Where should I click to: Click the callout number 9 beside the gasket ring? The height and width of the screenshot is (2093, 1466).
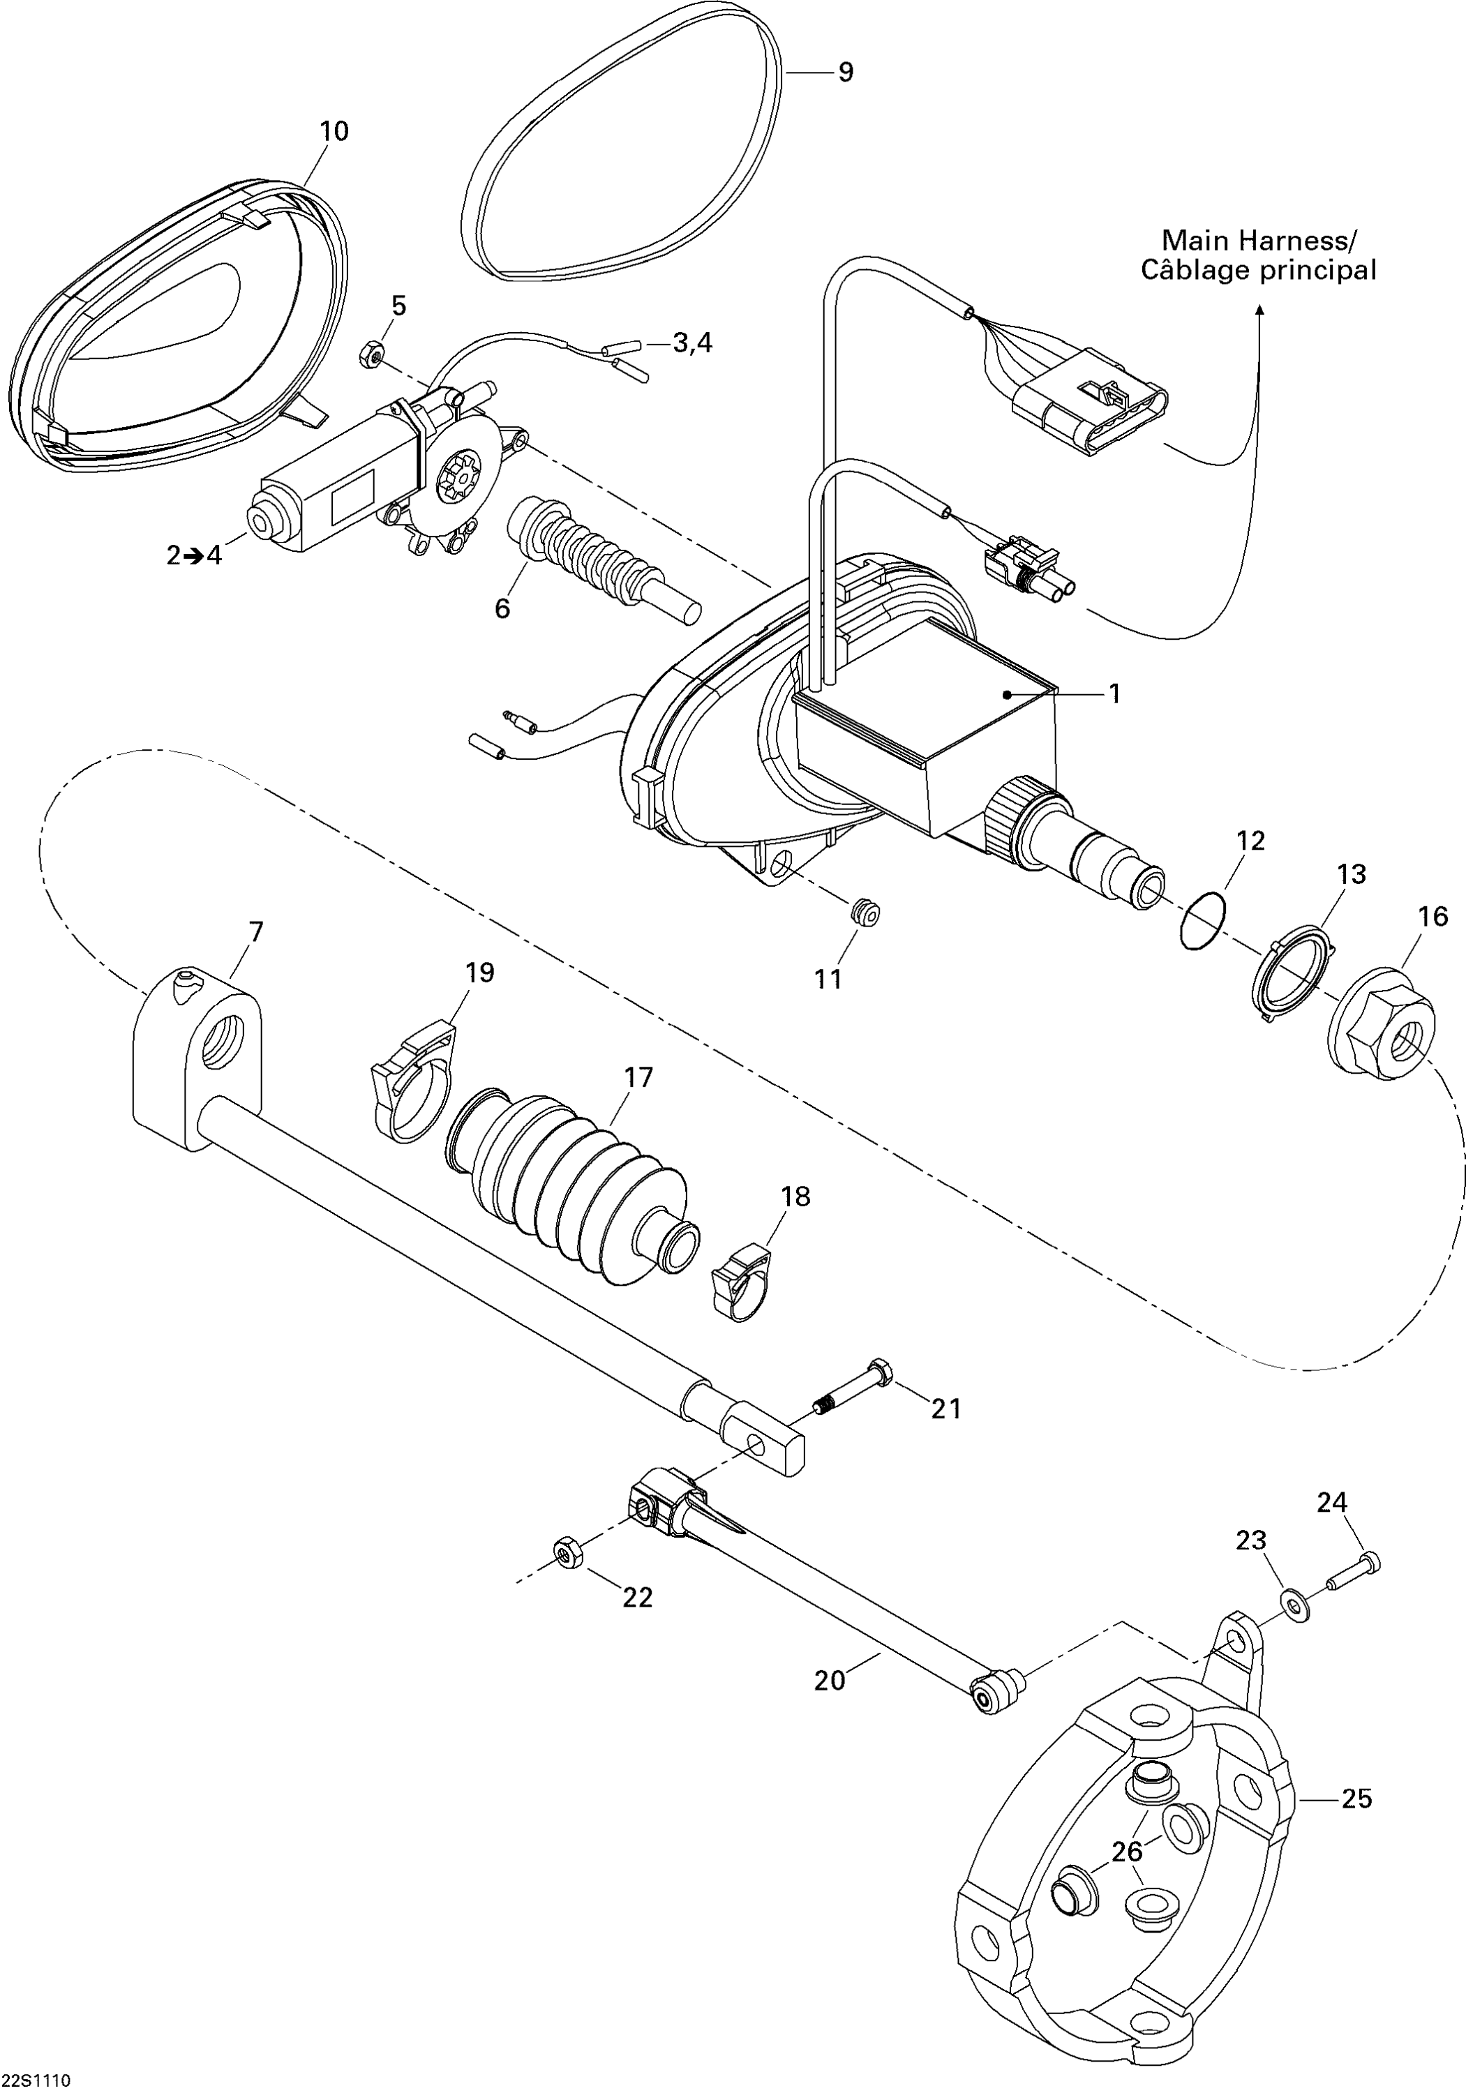[845, 72]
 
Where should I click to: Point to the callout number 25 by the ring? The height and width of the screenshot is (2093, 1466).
[1356, 1799]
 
